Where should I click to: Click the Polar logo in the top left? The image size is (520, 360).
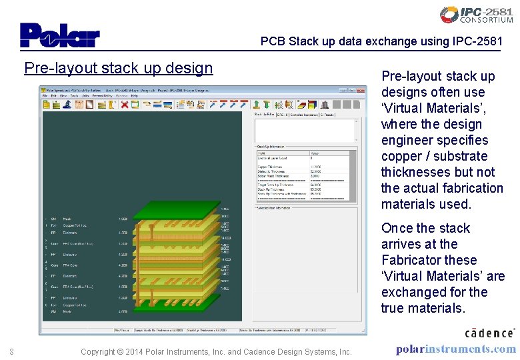click(59, 35)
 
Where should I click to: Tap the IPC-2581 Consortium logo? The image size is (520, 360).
click(476, 15)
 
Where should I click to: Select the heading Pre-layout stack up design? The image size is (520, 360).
click(118, 68)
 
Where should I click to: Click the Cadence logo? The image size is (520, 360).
click(489, 332)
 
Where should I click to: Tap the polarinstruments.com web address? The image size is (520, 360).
click(455, 349)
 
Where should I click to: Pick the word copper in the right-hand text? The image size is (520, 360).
click(403, 156)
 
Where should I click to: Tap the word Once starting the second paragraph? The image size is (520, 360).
click(398, 228)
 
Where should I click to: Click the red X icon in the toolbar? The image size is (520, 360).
click(125, 105)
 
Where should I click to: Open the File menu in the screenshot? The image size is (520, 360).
click(45, 96)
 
